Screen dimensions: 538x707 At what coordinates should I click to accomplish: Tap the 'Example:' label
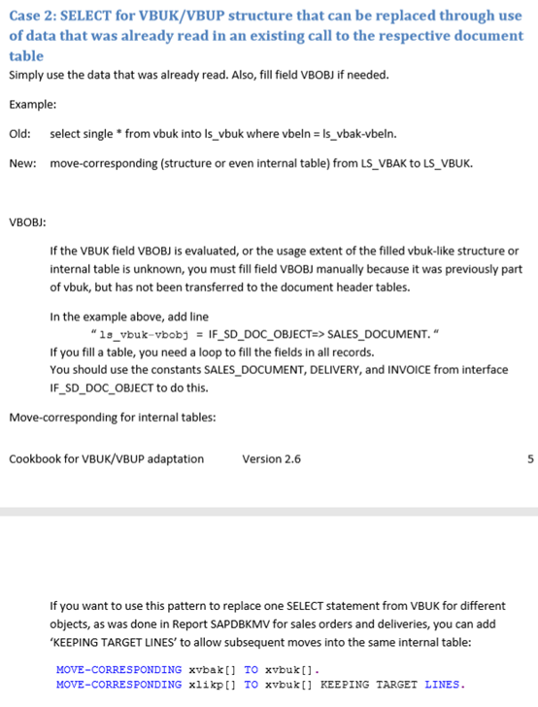click(32, 104)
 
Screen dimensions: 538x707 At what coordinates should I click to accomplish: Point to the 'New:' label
click(22, 162)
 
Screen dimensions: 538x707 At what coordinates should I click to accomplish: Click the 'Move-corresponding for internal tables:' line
click(112, 418)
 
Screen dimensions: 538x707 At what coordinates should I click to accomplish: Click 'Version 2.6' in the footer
click(271, 458)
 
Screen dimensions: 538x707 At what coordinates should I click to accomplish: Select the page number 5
click(529, 458)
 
